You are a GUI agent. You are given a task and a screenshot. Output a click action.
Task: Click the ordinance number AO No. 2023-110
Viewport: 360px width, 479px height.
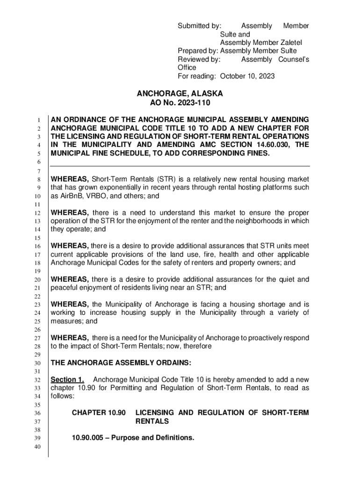(x=180, y=103)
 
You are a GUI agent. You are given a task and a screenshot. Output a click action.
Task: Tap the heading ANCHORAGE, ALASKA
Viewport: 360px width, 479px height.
(x=180, y=94)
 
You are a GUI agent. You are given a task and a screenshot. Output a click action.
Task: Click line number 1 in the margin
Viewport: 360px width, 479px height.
(x=41, y=120)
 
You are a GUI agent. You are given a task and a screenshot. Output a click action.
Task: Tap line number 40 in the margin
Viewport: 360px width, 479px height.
(x=39, y=447)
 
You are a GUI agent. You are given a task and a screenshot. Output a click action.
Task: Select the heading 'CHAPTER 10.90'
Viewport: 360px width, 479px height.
(x=99, y=413)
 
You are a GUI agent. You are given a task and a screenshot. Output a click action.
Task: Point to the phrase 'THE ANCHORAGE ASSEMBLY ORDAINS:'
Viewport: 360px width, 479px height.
(x=121, y=363)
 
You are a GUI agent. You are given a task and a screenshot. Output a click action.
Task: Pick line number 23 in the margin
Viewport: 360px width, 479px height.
(x=39, y=305)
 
